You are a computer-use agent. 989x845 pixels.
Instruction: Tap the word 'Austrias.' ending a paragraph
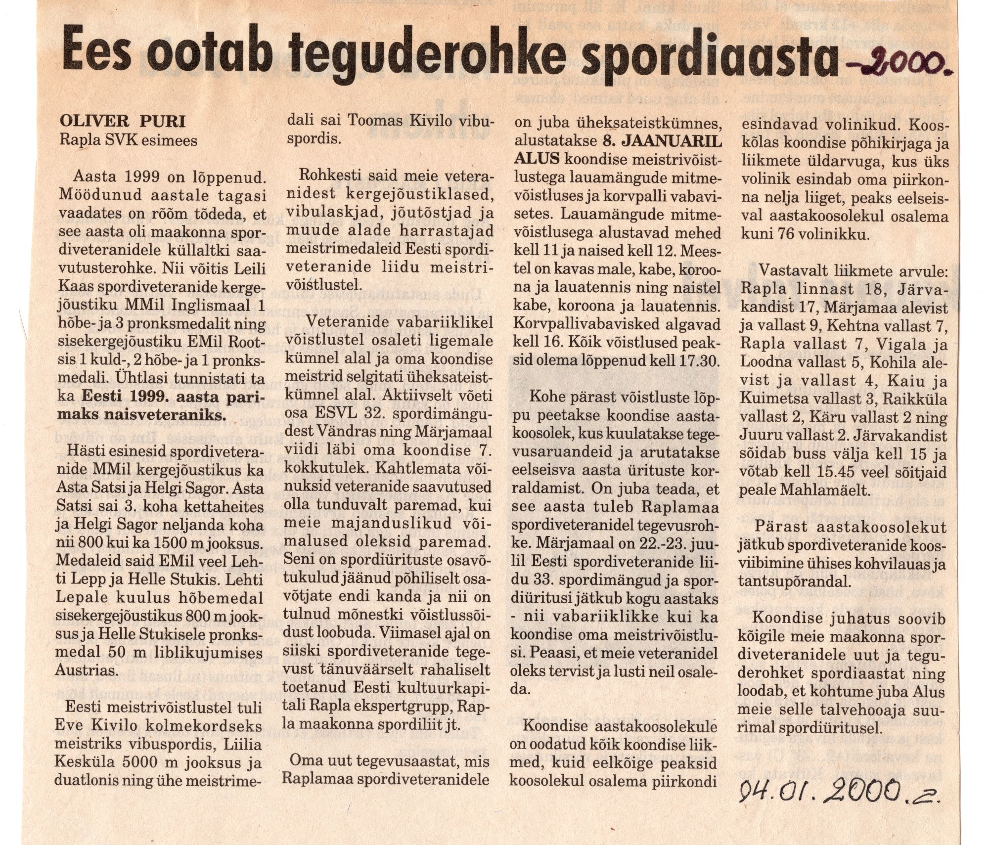click(88, 671)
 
